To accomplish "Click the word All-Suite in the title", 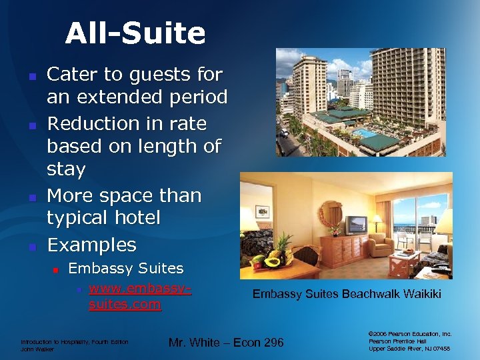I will (x=135, y=33).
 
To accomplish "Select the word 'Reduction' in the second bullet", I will (x=91, y=123).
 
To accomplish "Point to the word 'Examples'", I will (x=91, y=245).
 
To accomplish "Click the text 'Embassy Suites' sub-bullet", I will (x=126, y=268).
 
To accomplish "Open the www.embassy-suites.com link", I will (x=139, y=297).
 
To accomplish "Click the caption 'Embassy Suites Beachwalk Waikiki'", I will (x=347, y=294).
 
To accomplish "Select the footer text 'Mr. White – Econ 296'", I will (x=226, y=343).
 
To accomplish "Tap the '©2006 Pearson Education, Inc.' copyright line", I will (x=409, y=333).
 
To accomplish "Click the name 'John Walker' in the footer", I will (x=37, y=349).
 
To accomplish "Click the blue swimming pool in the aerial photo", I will (x=365, y=133).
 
